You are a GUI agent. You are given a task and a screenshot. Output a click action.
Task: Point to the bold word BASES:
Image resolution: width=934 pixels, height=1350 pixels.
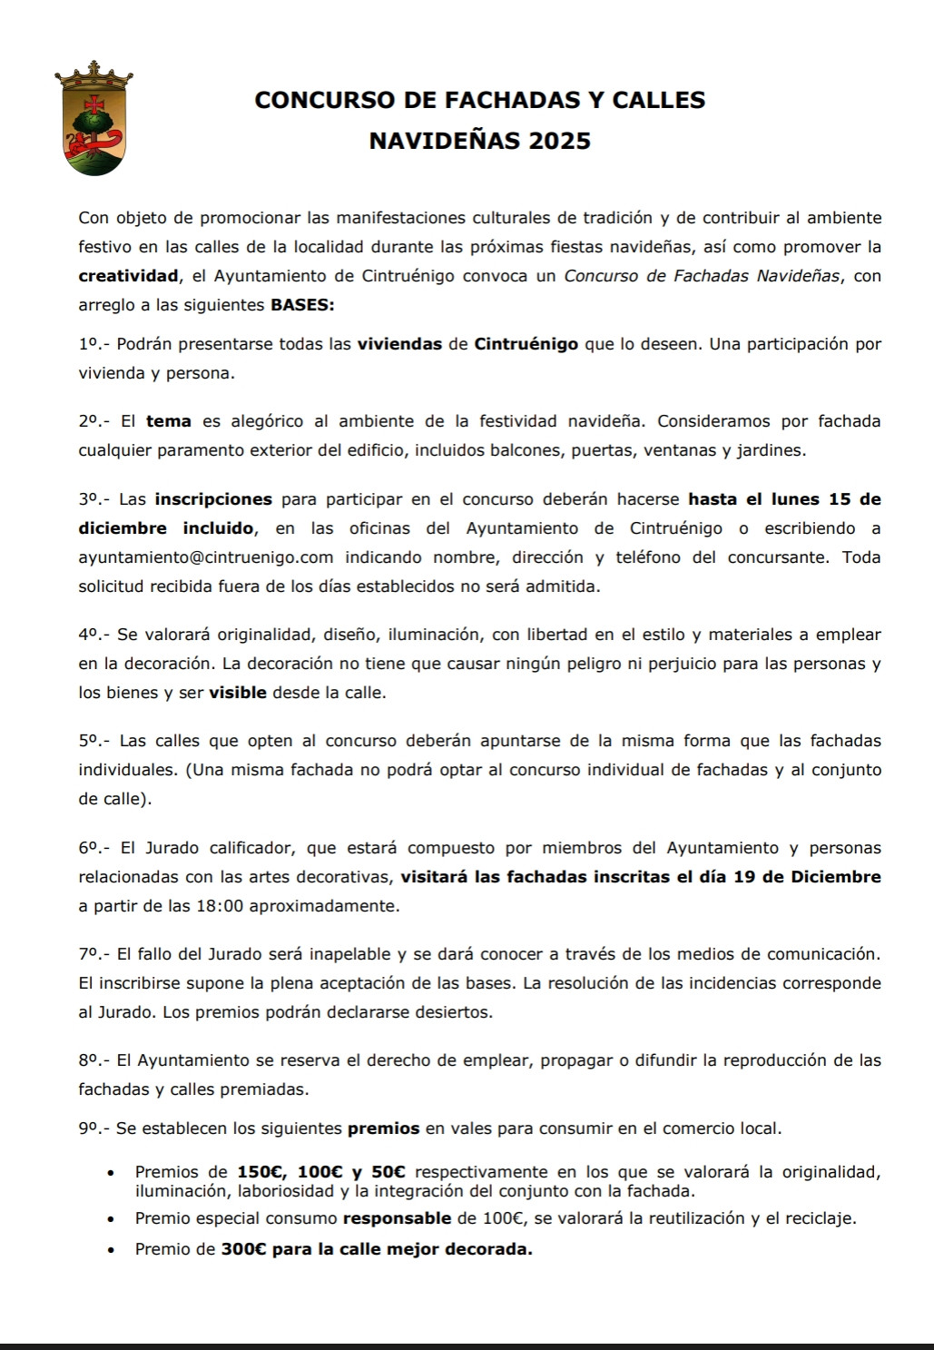pos(302,305)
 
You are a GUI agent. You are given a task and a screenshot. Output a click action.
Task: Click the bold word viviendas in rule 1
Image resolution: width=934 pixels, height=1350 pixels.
pos(400,344)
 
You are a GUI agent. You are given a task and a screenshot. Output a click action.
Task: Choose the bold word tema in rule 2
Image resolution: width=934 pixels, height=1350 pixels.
pos(169,421)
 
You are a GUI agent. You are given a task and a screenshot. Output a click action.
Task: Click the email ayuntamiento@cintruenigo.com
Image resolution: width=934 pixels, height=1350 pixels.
pos(206,557)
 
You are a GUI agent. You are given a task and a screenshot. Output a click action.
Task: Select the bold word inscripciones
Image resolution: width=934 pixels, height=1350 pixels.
pos(213,499)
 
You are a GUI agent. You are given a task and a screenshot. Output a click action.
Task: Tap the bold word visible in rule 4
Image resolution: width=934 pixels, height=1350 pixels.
pos(238,693)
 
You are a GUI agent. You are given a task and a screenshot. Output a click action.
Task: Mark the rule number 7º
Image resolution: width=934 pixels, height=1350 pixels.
pos(90,954)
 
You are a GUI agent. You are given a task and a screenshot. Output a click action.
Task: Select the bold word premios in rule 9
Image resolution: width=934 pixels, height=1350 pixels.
pos(384,1129)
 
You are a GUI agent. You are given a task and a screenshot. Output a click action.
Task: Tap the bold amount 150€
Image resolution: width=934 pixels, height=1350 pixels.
pos(261,1172)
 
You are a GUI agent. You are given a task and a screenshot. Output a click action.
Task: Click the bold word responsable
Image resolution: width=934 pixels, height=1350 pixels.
pos(397,1218)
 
